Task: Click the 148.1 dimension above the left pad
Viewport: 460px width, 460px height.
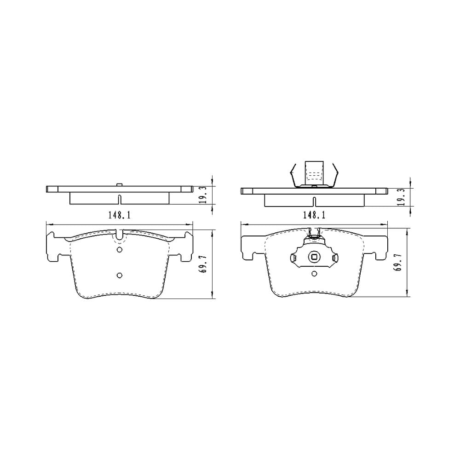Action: tap(120, 215)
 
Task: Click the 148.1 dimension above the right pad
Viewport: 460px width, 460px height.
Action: tap(314, 215)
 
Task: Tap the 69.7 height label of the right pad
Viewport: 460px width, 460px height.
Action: tap(398, 263)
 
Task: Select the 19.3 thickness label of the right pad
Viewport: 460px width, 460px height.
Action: tap(402, 196)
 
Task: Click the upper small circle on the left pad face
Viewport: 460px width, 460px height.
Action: tap(120, 250)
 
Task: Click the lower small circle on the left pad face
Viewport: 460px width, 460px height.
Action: tap(120, 275)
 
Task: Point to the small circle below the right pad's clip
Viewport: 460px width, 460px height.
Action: tap(314, 274)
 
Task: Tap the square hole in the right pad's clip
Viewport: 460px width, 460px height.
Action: tap(314, 257)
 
